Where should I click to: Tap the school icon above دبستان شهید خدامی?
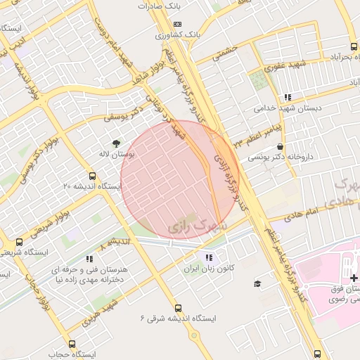[287, 97]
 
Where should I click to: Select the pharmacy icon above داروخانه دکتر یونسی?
[281, 147]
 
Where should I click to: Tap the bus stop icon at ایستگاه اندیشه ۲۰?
[92, 176]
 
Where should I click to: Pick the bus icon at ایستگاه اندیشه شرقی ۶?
[177, 307]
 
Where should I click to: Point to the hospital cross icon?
[354, 278]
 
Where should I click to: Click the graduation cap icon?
[257, 283]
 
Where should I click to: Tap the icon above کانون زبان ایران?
[207, 257]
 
